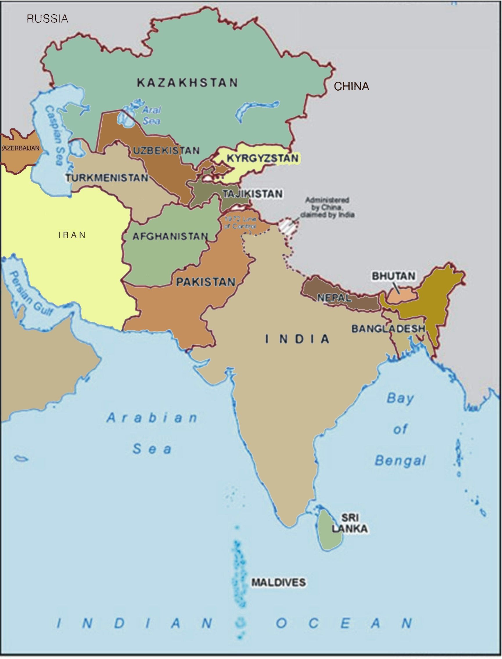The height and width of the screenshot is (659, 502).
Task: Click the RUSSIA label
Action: [47, 19]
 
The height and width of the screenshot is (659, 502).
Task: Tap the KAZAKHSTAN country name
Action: [187, 83]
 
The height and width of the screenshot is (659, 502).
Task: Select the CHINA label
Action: [351, 86]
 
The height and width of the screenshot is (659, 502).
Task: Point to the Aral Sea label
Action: [151, 115]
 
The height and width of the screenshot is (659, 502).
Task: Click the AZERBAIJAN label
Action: [20, 148]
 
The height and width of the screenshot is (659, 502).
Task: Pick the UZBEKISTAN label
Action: [166, 151]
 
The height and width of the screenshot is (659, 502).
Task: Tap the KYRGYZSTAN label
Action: [263, 158]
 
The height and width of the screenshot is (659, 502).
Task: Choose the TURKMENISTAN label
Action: [107, 178]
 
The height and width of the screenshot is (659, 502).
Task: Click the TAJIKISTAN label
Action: [253, 194]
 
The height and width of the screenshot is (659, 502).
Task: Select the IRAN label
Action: [72, 235]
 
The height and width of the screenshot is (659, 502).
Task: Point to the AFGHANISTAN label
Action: [170, 237]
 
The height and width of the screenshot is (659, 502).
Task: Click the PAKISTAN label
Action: [206, 282]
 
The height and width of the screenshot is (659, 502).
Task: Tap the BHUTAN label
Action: [393, 276]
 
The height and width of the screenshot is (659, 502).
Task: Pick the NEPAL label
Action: [334, 298]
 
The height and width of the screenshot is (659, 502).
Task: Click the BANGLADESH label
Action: [388, 329]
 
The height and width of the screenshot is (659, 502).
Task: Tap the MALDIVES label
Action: [278, 582]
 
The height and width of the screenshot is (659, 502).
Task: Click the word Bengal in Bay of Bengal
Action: [400, 461]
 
